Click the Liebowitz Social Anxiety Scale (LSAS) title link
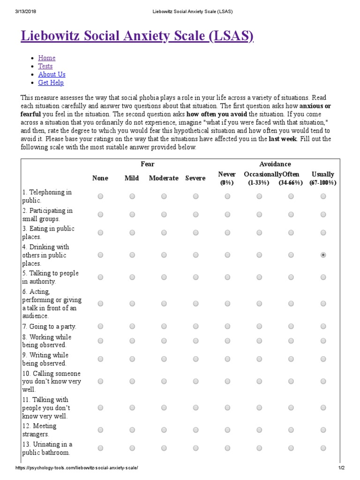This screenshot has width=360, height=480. pyautogui.click(x=137, y=36)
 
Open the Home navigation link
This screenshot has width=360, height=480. pyautogui.click(x=47, y=58)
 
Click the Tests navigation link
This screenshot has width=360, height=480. pyautogui.click(x=45, y=66)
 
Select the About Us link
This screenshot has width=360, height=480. pyautogui.click(x=52, y=75)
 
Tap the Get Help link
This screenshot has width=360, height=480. pyautogui.click(x=51, y=83)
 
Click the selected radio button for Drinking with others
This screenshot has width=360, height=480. pyautogui.click(x=323, y=255)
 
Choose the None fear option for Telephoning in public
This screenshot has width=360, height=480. pyautogui.click(x=100, y=196)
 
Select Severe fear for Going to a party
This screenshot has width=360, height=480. pyautogui.click(x=195, y=326)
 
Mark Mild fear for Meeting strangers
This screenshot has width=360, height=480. pyautogui.click(x=132, y=430)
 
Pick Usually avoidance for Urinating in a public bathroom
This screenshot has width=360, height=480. pyautogui.click(x=323, y=448)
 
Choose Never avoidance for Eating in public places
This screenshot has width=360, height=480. pyautogui.click(x=227, y=232)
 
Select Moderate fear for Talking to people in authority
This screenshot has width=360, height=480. pyautogui.click(x=164, y=277)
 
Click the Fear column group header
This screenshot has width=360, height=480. pyautogui.click(x=148, y=164)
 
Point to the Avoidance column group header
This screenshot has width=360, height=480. pyautogui.click(x=275, y=164)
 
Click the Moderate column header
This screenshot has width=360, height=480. pyautogui.click(x=164, y=178)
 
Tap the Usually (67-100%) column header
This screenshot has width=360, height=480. pyautogui.click(x=322, y=178)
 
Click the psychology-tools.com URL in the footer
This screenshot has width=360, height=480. pyautogui.click(x=77, y=468)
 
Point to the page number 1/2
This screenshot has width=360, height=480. pyautogui.click(x=341, y=468)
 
